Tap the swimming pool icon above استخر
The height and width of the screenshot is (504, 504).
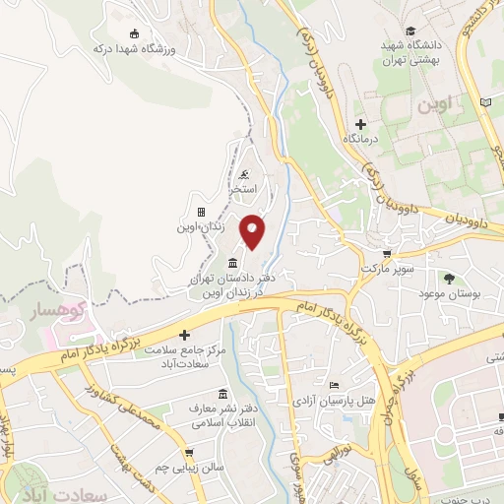coord(244,174)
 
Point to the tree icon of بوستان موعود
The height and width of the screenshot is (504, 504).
coord(448,279)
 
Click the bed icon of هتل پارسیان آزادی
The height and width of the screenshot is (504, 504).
coord(335,384)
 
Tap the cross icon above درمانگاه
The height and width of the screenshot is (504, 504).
coord(360,124)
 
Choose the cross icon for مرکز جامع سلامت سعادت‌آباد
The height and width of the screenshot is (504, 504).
coord(183,336)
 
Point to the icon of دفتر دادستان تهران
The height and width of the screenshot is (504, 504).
coord(231,262)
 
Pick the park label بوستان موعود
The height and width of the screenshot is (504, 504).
coord(448,294)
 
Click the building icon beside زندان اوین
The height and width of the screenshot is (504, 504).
coord(201,212)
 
